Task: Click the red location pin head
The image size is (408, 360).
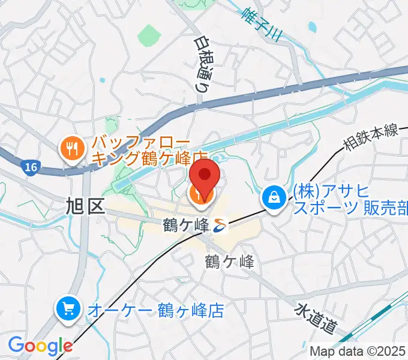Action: [x=204, y=175]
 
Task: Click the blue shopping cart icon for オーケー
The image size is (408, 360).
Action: [x=68, y=310]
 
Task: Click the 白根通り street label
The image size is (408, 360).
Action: [x=202, y=63]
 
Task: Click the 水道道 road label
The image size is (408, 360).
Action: [x=316, y=319]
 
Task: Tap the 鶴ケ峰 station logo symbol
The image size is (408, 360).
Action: [x=220, y=225]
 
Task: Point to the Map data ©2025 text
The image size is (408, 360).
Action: [x=358, y=351]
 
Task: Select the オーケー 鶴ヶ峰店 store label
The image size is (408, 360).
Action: [x=155, y=310]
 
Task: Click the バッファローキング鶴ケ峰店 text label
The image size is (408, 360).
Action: [x=147, y=152]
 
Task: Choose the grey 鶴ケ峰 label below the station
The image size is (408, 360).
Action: [x=229, y=261]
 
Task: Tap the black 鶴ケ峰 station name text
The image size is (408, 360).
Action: [x=186, y=226]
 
